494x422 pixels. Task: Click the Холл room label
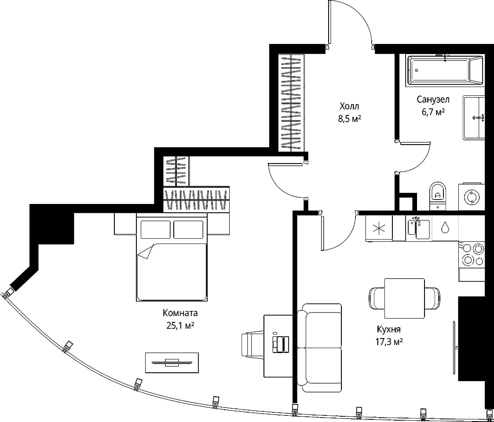[x=349, y=106]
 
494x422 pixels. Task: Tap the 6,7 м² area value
[x=433, y=112]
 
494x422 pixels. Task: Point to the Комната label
[x=180, y=313]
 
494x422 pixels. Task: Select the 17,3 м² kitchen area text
[x=390, y=342]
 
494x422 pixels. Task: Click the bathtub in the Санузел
[x=445, y=70]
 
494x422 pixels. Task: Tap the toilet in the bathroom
[x=438, y=195]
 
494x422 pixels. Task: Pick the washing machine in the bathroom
[x=471, y=196]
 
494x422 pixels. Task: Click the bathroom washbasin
[x=474, y=118]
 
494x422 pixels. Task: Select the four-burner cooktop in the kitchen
[x=472, y=255]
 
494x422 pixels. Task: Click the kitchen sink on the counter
[x=419, y=228]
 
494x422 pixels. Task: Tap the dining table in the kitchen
[x=405, y=298]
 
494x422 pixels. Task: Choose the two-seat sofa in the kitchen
[x=319, y=348]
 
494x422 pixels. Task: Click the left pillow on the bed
[x=155, y=229]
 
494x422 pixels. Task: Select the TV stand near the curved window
[x=172, y=363]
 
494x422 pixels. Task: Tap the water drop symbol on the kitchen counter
[x=445, y=227]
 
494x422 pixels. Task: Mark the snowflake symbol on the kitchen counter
[x=379, y=228]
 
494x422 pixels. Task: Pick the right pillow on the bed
[x=188, y=229]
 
